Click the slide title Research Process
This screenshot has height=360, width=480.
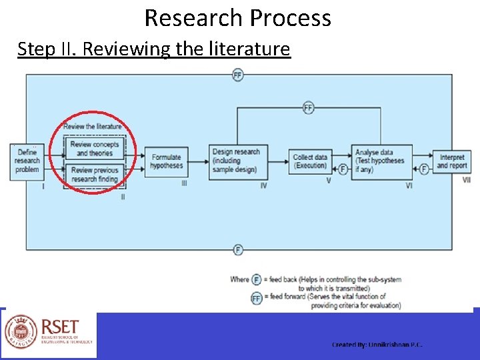pyautogui.click(x=237, y=18)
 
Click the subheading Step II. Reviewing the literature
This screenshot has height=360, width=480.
pyautogui.click(x=154, y=49)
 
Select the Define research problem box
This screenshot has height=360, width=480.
pyautogui.click(x=27, y=161)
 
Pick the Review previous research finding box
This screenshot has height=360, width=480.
pyautogui.click(x=94, y=175)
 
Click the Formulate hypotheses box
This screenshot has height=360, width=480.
pyautogui.click(x=166, y=161)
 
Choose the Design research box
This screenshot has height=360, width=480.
pyautogui.click(x=235, y=161)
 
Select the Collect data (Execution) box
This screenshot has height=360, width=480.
pyautogui.click(x=310, y=161)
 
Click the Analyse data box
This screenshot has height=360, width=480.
pyautogui.click(x=381, y=161)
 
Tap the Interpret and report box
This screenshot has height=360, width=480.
pyautogui.click(x=452, y=161)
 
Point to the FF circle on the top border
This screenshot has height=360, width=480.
pyautogui.click(x=238, y=75)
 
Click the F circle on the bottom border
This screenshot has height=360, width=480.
pyautogui.click(x=238, y=250)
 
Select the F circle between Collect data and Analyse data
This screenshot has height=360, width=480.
pyautogui.click(x=343, y=169)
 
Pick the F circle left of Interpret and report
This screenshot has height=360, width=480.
pyautogui.click(x=424, y=169)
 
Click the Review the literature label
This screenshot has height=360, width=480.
pyautogui.click(x=93, y=126)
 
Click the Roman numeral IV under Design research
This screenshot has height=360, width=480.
pyautogui.click(x=263, y=185)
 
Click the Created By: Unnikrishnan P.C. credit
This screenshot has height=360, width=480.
pyautogui.click(x=377, y=345)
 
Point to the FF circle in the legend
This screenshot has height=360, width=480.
pyautogui.click(x=256, y=297)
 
